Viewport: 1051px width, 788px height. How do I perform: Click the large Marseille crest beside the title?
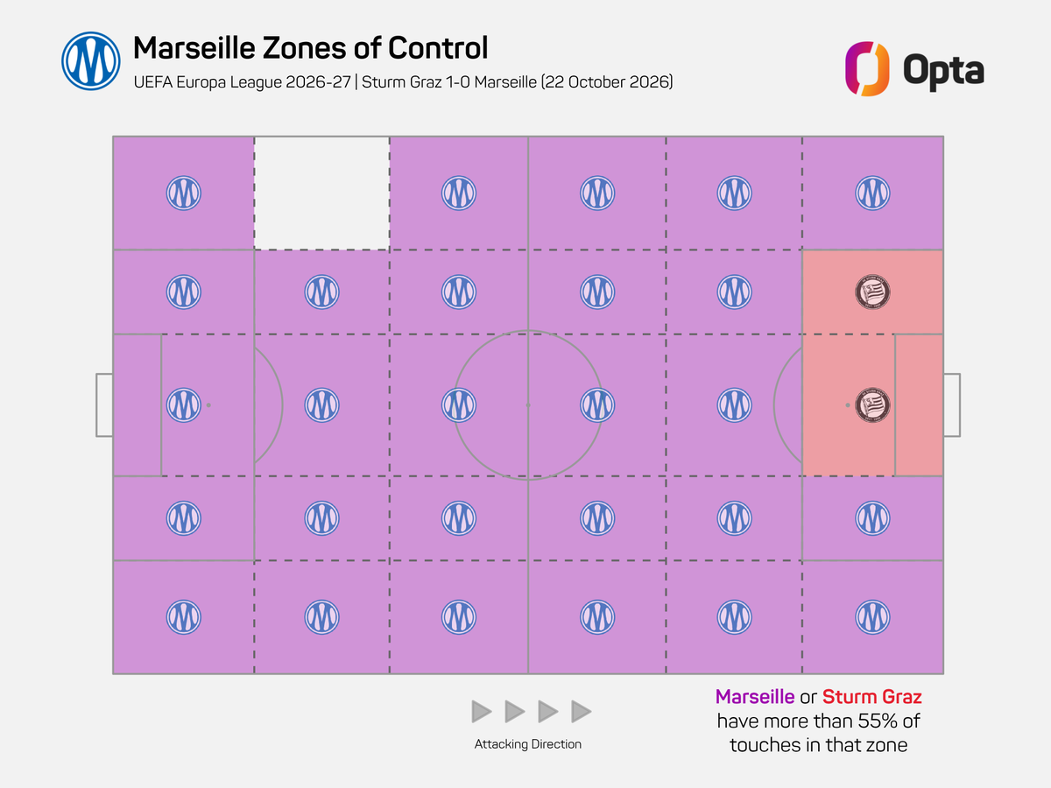tap(91, 61)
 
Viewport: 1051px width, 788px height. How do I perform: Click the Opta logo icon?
tap(867, 69)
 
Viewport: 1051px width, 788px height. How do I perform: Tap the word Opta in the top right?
tap(943, 71)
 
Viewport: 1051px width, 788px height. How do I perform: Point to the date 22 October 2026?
tap(607, 81)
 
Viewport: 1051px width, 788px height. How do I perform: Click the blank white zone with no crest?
tap(321, 193)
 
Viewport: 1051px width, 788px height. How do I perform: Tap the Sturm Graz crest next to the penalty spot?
tap(872, 405)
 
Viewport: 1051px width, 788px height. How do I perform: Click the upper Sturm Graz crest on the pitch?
tap(872, 292)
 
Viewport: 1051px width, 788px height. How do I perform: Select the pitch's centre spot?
tap(528, 405)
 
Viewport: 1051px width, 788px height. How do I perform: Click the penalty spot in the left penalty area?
tap(208, 405)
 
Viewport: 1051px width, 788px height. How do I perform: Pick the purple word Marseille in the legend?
tap(755, 697)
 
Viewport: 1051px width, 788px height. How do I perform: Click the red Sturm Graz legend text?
tap(872, 697)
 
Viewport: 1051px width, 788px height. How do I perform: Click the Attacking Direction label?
tap(527, 744)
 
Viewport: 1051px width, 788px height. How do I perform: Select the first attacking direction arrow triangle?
tap(481, 712)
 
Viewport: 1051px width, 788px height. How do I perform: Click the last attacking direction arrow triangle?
tap(582, 712)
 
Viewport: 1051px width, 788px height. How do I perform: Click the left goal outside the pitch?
tap(104, 405)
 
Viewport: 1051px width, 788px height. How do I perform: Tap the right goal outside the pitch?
tap(952, 405)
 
